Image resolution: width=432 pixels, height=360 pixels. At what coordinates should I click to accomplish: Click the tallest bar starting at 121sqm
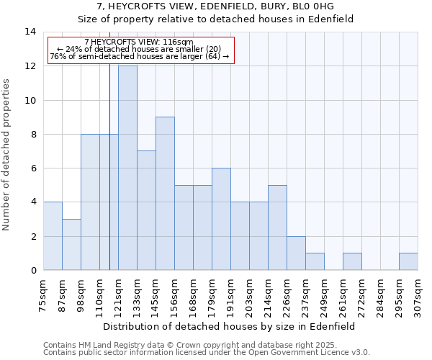127,168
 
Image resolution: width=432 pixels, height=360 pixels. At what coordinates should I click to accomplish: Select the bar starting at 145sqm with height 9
165,194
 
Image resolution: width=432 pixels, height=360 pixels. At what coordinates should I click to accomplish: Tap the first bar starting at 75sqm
53,236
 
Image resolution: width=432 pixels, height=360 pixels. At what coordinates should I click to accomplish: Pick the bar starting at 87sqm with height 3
71,245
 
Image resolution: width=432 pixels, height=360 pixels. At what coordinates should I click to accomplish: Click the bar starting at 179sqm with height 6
221,219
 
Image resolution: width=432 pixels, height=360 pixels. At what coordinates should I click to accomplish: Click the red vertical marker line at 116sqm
109,180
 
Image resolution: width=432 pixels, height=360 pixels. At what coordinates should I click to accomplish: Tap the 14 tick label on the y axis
30,32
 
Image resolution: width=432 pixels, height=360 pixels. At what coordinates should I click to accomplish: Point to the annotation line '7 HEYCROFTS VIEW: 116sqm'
139,42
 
